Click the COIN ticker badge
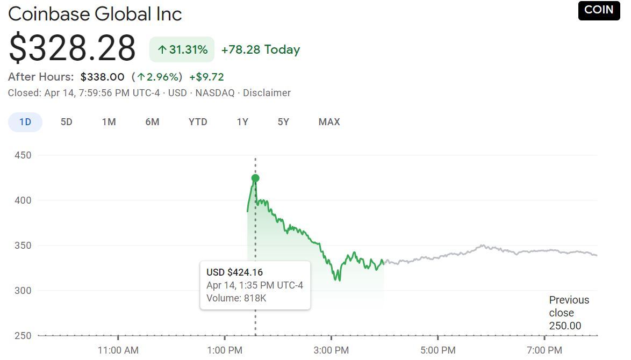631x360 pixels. click(x=599, y=10)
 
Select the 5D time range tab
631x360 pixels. click(x=66, y=122)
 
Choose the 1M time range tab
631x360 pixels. click(x=109, y=122)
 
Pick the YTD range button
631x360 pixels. click(x=198, y=122)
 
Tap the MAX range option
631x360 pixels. click(x=329, y=122)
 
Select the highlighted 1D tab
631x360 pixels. click(x=25, y=122)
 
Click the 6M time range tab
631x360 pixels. click(x=152, y=122)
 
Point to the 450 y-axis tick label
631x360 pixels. click(x=23, y=155)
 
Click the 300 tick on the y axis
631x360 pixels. click(x=23, y=291)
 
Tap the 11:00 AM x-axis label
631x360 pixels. click(x=118, y=350)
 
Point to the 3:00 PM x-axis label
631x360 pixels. click(x=331, y=350)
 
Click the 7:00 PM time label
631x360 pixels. click(x=544, y=350)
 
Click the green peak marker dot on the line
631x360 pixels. click(x=255, y=178)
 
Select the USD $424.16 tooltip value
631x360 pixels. click(x=235, y=272)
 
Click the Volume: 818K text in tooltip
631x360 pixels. click(x=236, y=298)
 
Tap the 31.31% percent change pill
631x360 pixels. click(x=182, y=50)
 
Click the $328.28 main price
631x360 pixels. click(x=72, y=48)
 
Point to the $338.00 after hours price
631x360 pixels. click(x=102, y=77)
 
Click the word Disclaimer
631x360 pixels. click(x=267, y=93)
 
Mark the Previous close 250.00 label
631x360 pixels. click(x=569, y=313)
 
